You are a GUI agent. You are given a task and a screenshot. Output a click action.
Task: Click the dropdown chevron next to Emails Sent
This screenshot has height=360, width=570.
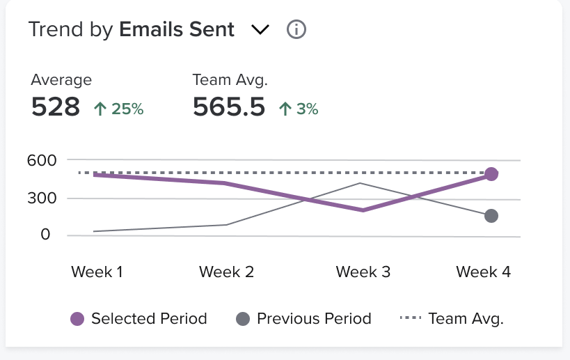point(260,30)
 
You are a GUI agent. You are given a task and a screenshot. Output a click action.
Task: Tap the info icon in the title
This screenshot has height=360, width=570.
point(296,30)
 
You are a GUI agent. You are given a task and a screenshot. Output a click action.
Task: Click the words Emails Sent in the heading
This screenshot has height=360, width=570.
point(177,30)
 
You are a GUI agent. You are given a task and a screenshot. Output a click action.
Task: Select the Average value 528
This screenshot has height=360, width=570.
point(56,107)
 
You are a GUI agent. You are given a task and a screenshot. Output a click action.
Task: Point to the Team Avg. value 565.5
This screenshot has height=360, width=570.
point(229,107)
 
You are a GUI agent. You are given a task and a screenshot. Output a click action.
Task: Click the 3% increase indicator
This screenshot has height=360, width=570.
point(299,109)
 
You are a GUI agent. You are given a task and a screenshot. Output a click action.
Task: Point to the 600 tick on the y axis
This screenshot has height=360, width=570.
point(42,160)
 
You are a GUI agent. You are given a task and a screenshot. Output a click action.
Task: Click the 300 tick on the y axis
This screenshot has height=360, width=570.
point(42,198)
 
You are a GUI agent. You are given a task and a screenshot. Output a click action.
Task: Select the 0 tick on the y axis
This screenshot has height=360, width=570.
point(45,235)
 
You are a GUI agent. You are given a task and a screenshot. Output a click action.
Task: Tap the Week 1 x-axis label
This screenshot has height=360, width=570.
point(97,272)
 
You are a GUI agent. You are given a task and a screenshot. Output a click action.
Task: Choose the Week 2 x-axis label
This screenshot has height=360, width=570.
point(226,272)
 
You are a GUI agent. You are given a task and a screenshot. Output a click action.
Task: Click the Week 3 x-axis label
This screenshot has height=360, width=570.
point(363,272)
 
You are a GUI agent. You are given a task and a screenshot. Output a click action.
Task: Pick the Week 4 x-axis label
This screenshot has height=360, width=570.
point(484,272)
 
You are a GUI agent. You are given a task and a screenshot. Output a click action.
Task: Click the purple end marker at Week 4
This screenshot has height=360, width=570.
point(491,174)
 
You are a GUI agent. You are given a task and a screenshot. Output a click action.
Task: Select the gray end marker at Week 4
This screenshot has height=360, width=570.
point(491,216)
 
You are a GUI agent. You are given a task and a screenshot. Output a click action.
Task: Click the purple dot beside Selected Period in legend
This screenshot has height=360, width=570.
point(77,320)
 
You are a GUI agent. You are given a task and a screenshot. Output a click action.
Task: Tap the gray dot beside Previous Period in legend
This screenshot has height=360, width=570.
point(243,320)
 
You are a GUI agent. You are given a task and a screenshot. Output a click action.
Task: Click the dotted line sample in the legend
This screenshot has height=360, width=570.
point(410,320)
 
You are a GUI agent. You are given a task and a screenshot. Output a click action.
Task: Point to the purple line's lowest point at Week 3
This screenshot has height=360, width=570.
point(363,210)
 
